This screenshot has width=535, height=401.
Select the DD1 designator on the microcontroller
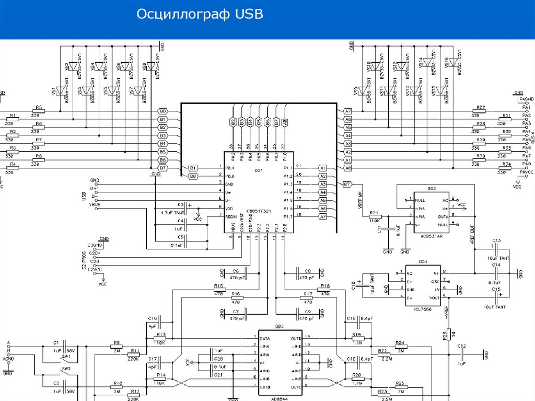click(259, 170)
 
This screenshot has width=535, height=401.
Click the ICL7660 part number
click(423, 309)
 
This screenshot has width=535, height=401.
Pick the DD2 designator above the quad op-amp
click(280, 326)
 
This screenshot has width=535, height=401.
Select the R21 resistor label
click(373, 213)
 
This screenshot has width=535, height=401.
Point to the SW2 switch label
click(66, 368)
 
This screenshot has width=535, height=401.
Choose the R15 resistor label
click(219, 286)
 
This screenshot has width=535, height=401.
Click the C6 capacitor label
click(236, 271)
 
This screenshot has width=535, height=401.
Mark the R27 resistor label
click(481, 107)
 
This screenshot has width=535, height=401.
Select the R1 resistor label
click(13, 116)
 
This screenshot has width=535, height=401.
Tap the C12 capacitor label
click(461, 346)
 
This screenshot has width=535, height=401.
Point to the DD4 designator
click(423, 261)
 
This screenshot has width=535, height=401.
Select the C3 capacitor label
click(181, 204)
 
